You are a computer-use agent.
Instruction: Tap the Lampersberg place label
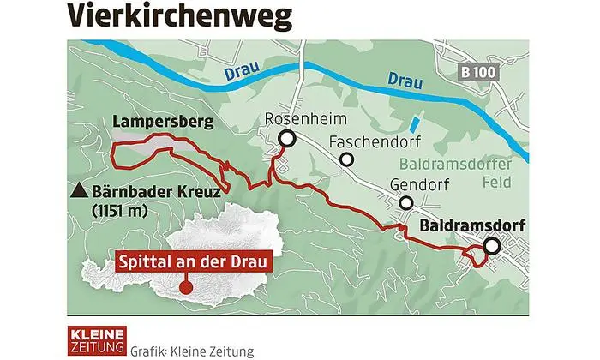coord(162,124)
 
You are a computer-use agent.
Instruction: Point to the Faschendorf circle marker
coord(346,159)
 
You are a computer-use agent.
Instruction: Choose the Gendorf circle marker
coord(405,203)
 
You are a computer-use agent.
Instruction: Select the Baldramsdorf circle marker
coord(491,247)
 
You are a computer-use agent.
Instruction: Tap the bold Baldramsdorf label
coord(471,227)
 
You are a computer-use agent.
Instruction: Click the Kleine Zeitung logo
coord(97,339)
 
